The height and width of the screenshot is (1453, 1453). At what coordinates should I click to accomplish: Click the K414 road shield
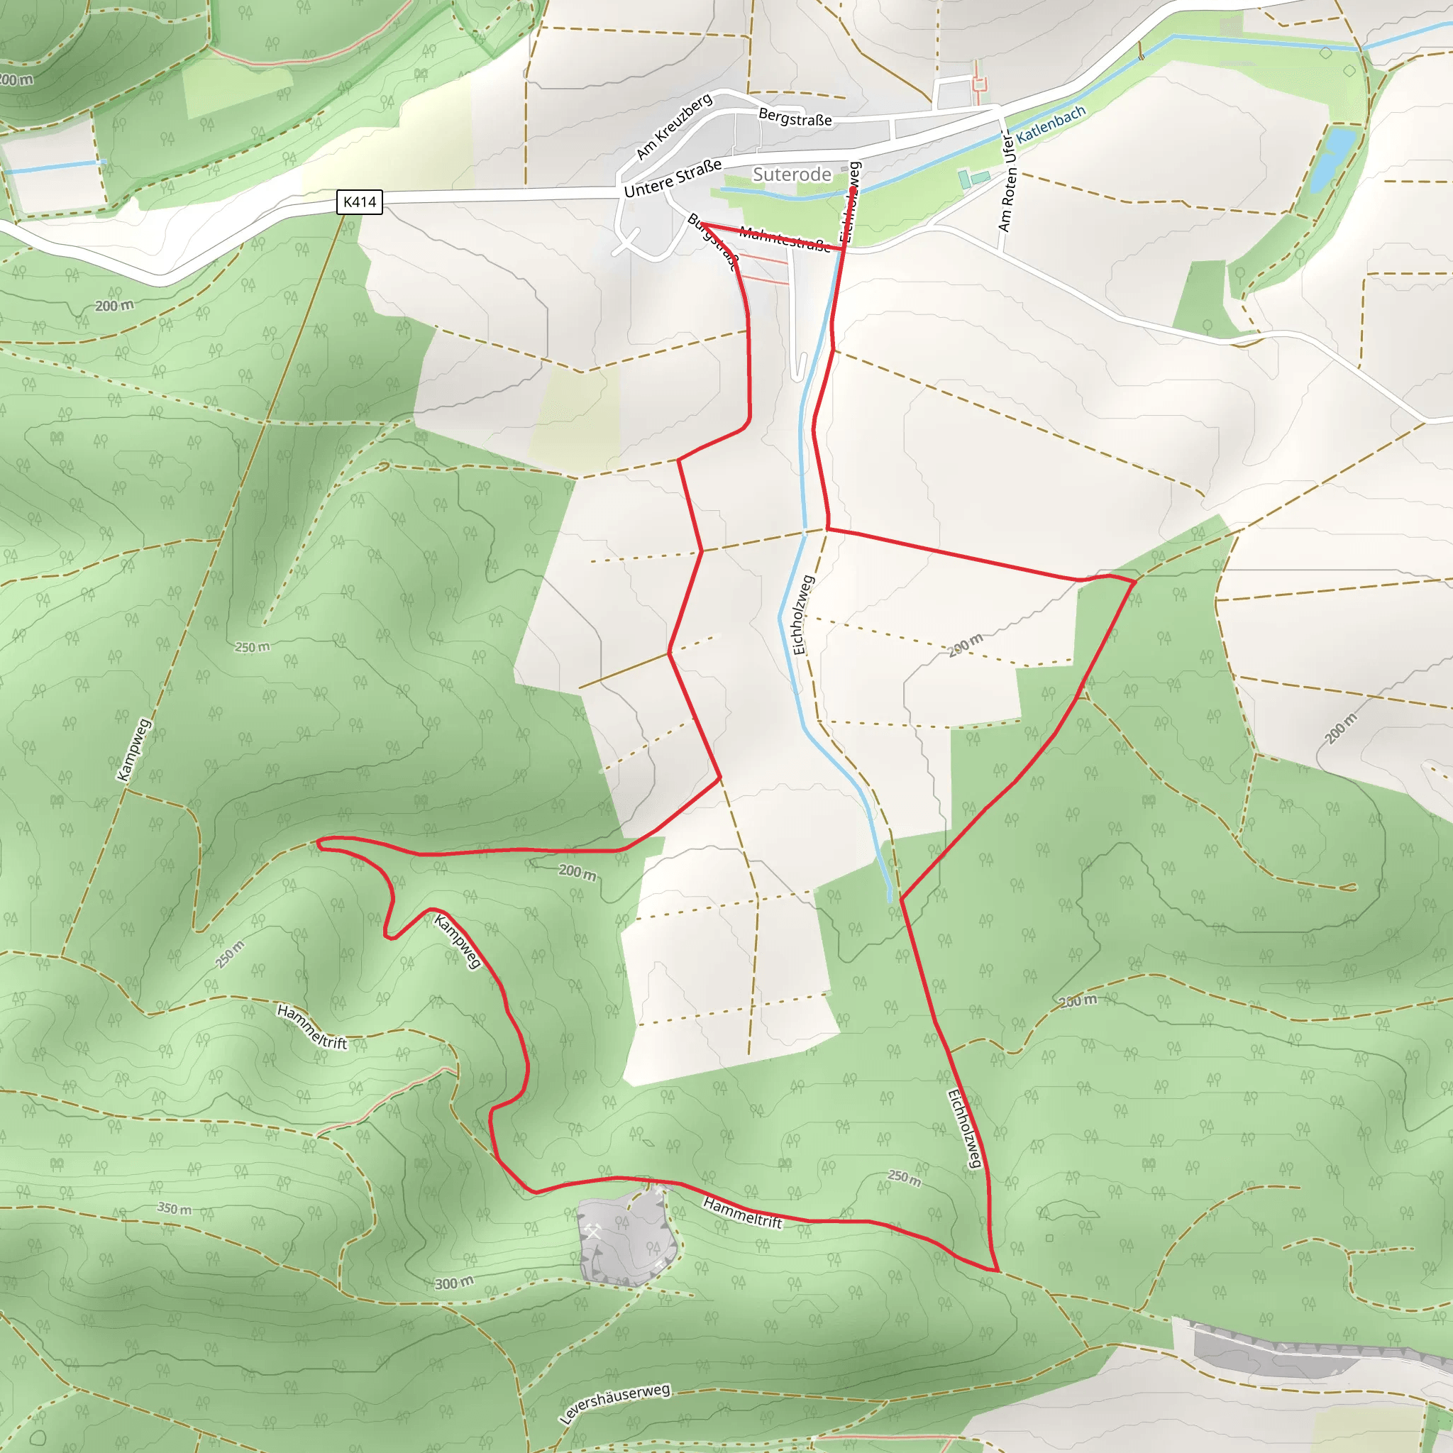point(359,201)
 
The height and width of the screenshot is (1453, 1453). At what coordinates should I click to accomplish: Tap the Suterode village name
point(791,175)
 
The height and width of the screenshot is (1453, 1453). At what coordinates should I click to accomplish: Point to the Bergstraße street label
point(795,117)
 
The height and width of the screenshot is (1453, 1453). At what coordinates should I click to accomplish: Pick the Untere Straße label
point(673,178)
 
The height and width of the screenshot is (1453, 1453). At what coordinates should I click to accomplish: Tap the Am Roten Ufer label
point(1007,180)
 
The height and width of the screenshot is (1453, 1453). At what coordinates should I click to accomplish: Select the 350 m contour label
point(174,1208)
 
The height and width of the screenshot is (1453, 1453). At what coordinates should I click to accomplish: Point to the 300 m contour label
point(454,1282)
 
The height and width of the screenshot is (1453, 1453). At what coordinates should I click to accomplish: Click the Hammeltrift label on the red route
point(742,1212)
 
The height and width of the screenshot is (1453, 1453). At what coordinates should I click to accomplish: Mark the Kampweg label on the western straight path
point(134,750)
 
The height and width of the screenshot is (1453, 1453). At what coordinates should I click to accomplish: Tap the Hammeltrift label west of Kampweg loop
point(311,1027)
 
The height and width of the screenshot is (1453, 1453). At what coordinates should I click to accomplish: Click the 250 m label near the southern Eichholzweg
point(904,1177)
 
